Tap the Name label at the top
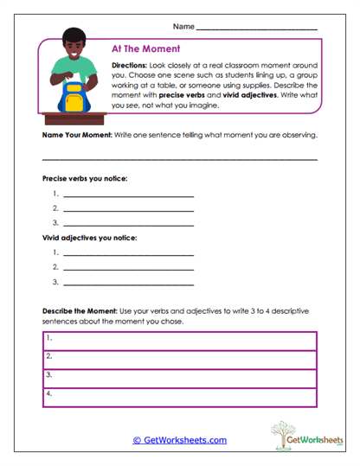pos(183,27)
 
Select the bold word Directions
pos(129,66)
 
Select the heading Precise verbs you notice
pos(85,178)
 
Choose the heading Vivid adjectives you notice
pos(88,237)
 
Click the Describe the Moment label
pos(80,310)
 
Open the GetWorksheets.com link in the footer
pos(179,440)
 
